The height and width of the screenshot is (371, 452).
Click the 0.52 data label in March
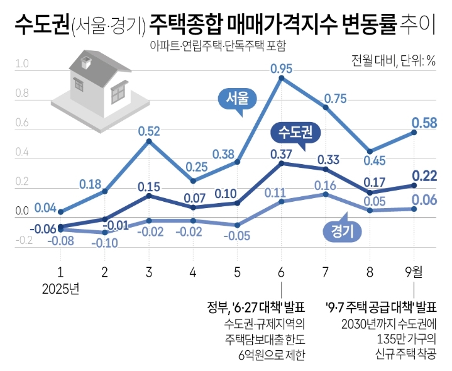[x=148, y=131]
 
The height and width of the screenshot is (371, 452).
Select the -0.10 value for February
[x=105, y=243]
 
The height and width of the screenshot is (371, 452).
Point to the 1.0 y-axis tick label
[x=22, y=64]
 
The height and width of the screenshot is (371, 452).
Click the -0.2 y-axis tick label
[x=22, y=240]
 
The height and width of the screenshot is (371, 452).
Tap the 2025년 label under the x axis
[x=60, y=290]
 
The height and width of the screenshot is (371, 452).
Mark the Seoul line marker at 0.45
[x=370, y=152]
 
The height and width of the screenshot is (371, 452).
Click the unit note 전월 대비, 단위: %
[x=394, y=61]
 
